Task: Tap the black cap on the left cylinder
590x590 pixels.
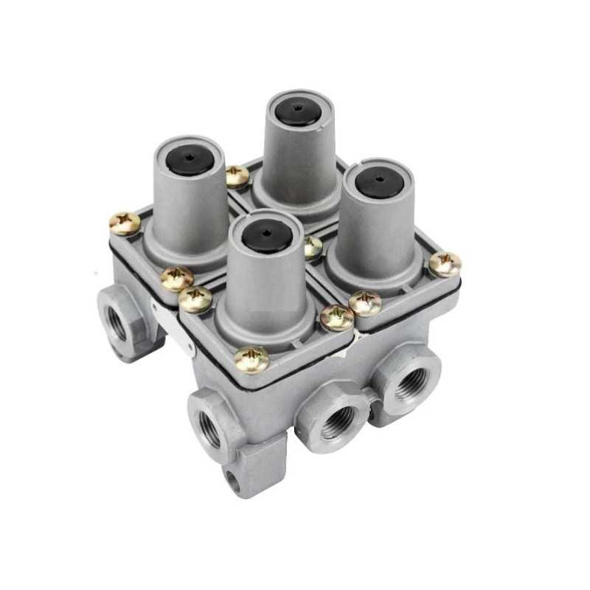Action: point(189,157)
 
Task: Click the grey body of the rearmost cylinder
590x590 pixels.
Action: point(298,159)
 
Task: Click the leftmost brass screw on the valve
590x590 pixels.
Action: point(124,223)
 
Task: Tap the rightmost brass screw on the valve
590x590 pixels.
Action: point(445,264)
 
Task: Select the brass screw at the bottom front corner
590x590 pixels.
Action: point(251,359)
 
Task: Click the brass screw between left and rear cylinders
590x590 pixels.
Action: point(237,176)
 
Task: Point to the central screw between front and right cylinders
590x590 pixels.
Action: point(313,247)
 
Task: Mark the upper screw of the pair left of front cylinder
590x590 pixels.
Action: point(177,278)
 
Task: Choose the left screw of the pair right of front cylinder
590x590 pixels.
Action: point(336,317)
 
